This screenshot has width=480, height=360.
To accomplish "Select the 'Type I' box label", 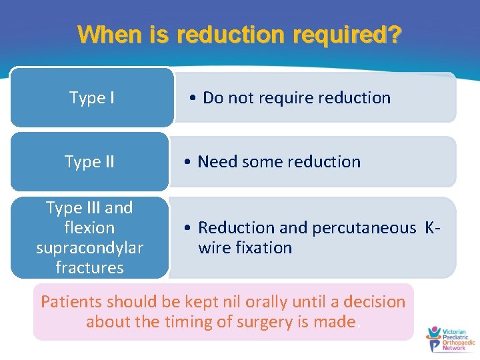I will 91,98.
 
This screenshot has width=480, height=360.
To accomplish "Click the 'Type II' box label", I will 89,162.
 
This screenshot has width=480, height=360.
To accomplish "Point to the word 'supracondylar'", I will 89,248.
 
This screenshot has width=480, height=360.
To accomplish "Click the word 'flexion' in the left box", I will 89,228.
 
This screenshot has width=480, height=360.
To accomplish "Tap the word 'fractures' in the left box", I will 89,268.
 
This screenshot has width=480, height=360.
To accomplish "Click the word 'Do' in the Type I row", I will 213,98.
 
